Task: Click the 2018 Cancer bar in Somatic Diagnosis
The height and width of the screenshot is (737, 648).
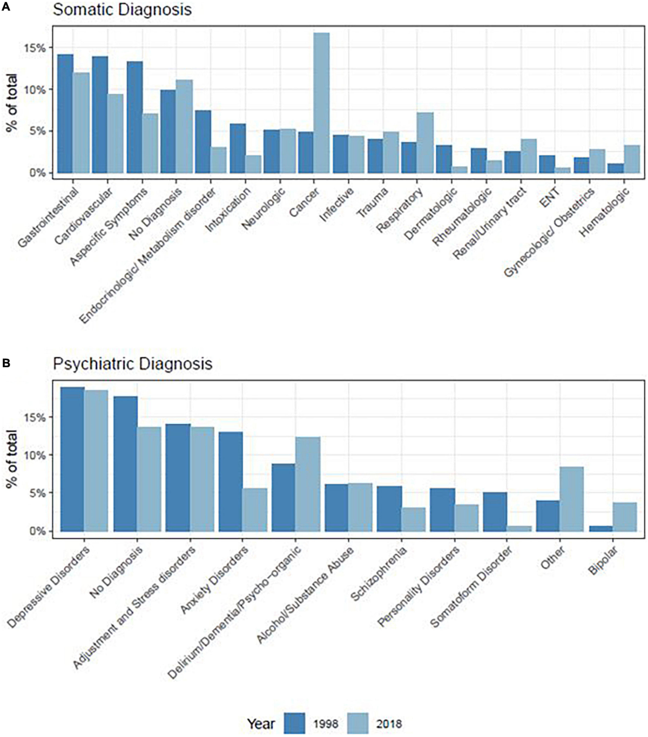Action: pyautogui.click(x=322, y=103)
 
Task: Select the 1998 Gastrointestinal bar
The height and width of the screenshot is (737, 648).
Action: pyautogui.click(x=65, y=113)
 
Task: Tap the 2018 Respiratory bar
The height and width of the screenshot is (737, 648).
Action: pyautogui.click(x=425, y=143)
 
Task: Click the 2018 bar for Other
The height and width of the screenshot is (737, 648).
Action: pyautogui.click(x=572, y=499)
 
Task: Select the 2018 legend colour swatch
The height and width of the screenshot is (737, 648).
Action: pyautogui.click(x=355, y=724)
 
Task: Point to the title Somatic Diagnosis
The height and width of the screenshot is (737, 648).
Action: pyautogui.click(x=122, y=10)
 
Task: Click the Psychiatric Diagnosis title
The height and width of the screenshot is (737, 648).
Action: pyautogui.click(x=133, y=363)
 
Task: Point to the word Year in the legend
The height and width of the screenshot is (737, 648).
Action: pyautogui.click(x=261, y=724)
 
